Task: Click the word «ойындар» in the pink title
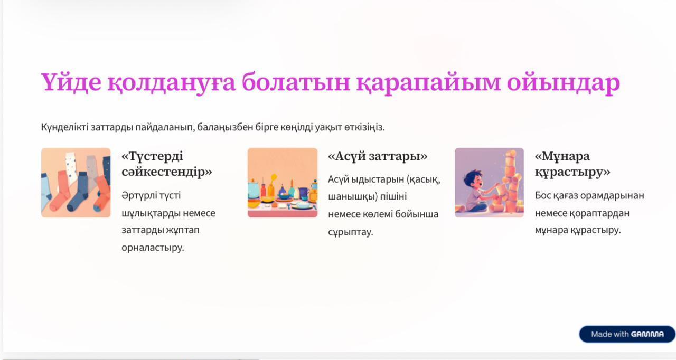[564, 83]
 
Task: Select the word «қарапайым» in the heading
[428, 83]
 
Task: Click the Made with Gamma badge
[627, 334]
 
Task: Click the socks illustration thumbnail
[76, 183]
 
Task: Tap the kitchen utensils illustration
[283, 183]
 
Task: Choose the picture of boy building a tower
[489, 183]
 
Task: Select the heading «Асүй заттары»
[378, 156]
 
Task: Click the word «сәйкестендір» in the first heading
[166, 172]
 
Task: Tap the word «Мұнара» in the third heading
[562, 156]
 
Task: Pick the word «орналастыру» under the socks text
[153, 248]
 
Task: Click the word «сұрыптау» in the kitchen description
[350, 232]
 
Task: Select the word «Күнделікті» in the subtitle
[64, 127]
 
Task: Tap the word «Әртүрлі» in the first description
[139, 196]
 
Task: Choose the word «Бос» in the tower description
[543, 196]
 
